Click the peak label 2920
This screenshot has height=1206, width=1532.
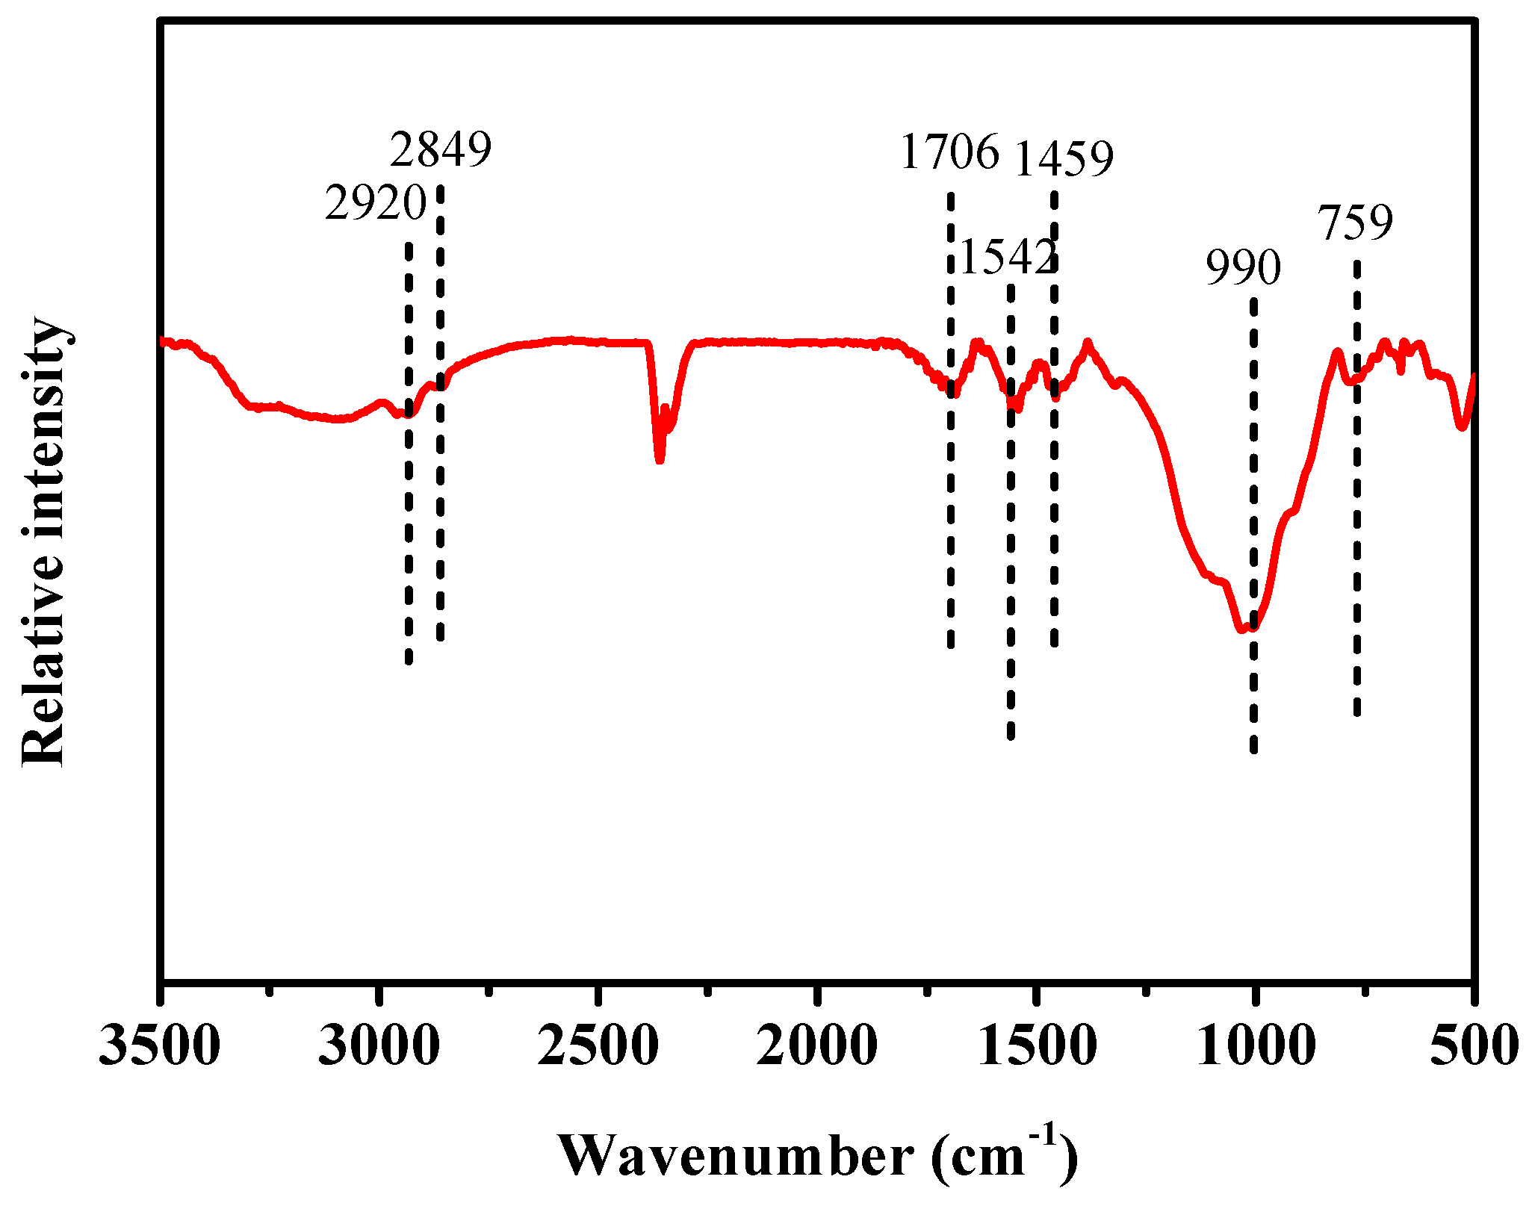tap(375, 203)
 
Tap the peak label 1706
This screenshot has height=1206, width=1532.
tap(949, 152)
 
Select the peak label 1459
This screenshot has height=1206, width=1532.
tap(1063, 158)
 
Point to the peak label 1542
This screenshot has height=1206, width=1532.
tap(1007, 257)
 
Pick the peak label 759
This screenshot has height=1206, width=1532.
tap(1354, 223)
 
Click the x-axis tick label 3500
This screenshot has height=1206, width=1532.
tap(160, 1045)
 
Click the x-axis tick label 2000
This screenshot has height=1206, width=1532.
tap(816, 1045)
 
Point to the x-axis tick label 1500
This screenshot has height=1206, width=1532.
tap(1036, 1045)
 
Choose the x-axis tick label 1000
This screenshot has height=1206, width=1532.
tap(1255, 1045)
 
